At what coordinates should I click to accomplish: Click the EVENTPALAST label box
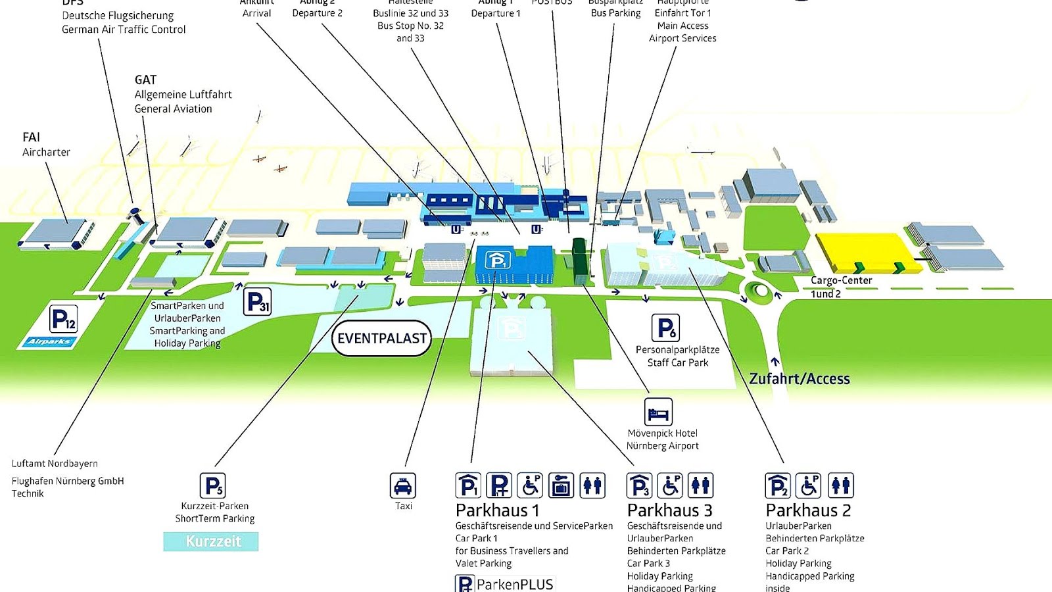[381, 338]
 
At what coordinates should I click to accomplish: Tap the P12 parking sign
[64, 320]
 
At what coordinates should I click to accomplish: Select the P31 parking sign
[257, 302]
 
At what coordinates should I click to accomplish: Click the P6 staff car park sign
[665, 328]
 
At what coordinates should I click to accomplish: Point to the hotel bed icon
[658, 412]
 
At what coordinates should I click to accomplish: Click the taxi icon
[402, 485]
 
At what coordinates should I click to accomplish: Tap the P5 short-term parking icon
[212, 485]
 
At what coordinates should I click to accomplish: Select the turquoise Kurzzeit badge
[211, 541]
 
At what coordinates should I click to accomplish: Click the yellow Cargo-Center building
[861, 251]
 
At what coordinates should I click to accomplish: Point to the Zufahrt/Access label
[800, 379]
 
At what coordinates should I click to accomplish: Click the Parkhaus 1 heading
[498, 510]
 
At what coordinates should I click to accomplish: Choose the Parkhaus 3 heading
[669, 510]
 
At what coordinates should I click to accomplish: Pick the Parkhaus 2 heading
[808, 510]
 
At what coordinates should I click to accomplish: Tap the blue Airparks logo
[50, 341]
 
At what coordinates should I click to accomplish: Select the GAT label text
[145, 80]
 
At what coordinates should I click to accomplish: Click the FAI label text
[31, 137]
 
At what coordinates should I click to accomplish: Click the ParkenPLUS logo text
[514, 584]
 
